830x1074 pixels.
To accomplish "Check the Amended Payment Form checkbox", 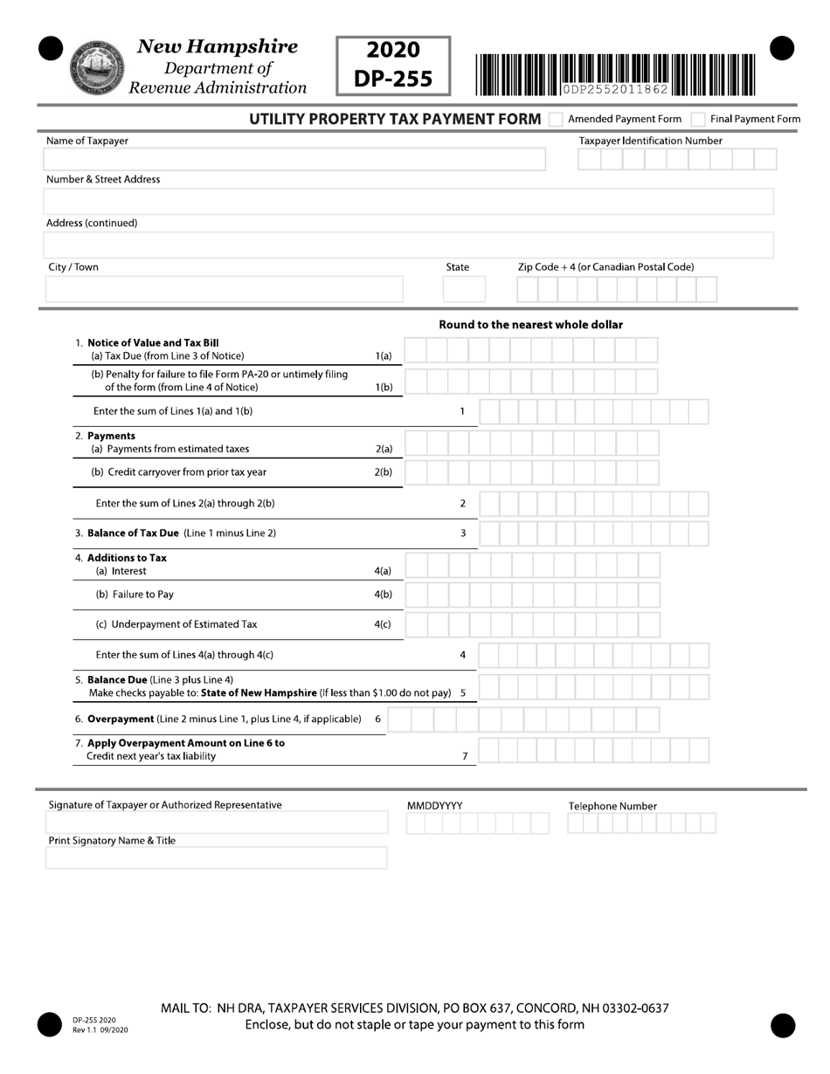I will pos(556,120).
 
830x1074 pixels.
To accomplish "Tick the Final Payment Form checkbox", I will pos(697,120).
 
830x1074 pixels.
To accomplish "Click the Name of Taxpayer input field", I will pos(294,159).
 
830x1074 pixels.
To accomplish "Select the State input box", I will pos(464,289).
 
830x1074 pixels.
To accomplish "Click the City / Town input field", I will pos(225,289).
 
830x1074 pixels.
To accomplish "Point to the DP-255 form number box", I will pos(393,65).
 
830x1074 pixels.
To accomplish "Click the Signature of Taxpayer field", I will pos(217,823).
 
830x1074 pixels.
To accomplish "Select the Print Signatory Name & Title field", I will pos(217,858).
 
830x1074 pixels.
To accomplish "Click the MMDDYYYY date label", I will pos(434,806).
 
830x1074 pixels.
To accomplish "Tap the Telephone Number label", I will pos(612,806).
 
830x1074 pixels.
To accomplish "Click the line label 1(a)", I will pos(384,356).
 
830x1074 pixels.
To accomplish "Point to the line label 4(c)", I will pos(383,624).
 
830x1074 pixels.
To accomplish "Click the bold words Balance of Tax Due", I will pos(134,533).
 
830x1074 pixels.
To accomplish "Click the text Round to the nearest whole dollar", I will pos(530,325).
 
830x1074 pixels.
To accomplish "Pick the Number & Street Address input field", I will pos(408,202).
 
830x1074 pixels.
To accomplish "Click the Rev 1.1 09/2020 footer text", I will pos(100,1030).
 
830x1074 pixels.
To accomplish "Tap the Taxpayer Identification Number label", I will pos(650,141).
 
